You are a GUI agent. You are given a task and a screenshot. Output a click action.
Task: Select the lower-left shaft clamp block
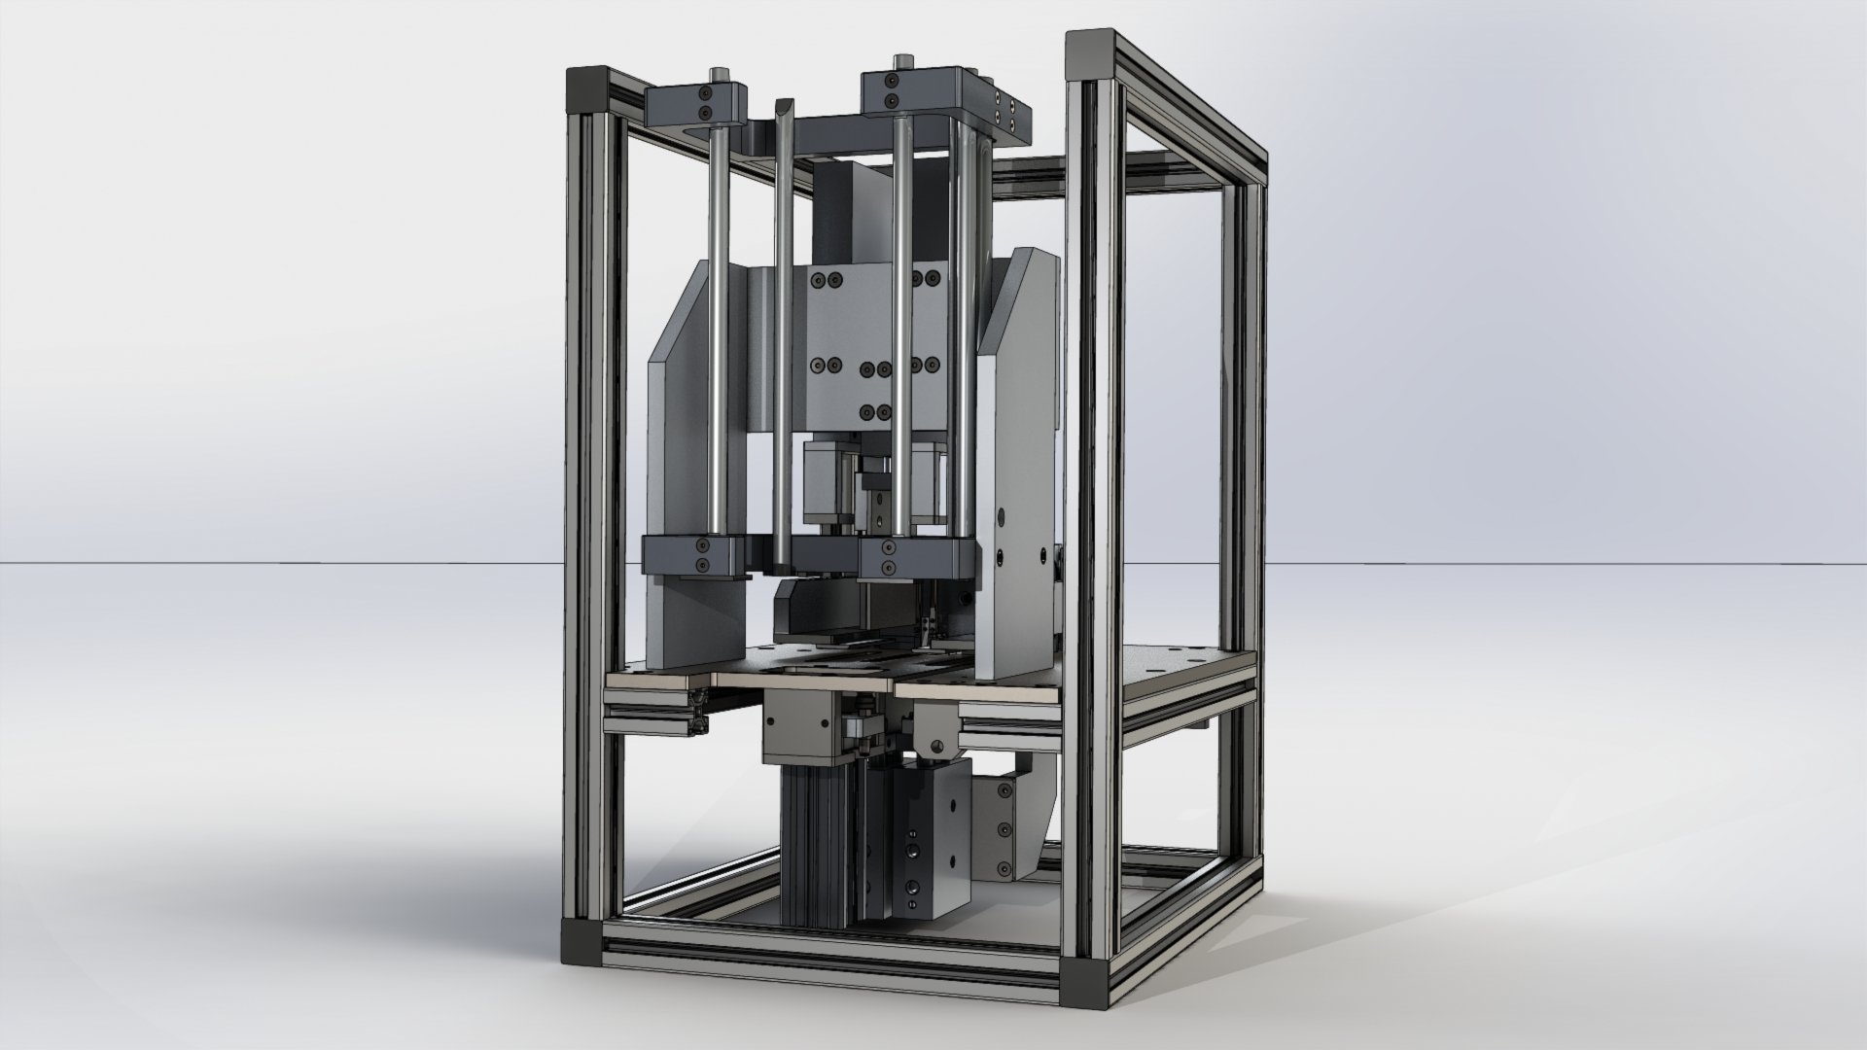click(x=692, y=556)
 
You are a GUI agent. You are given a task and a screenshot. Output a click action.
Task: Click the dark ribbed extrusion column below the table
click(x=817, y=846)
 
